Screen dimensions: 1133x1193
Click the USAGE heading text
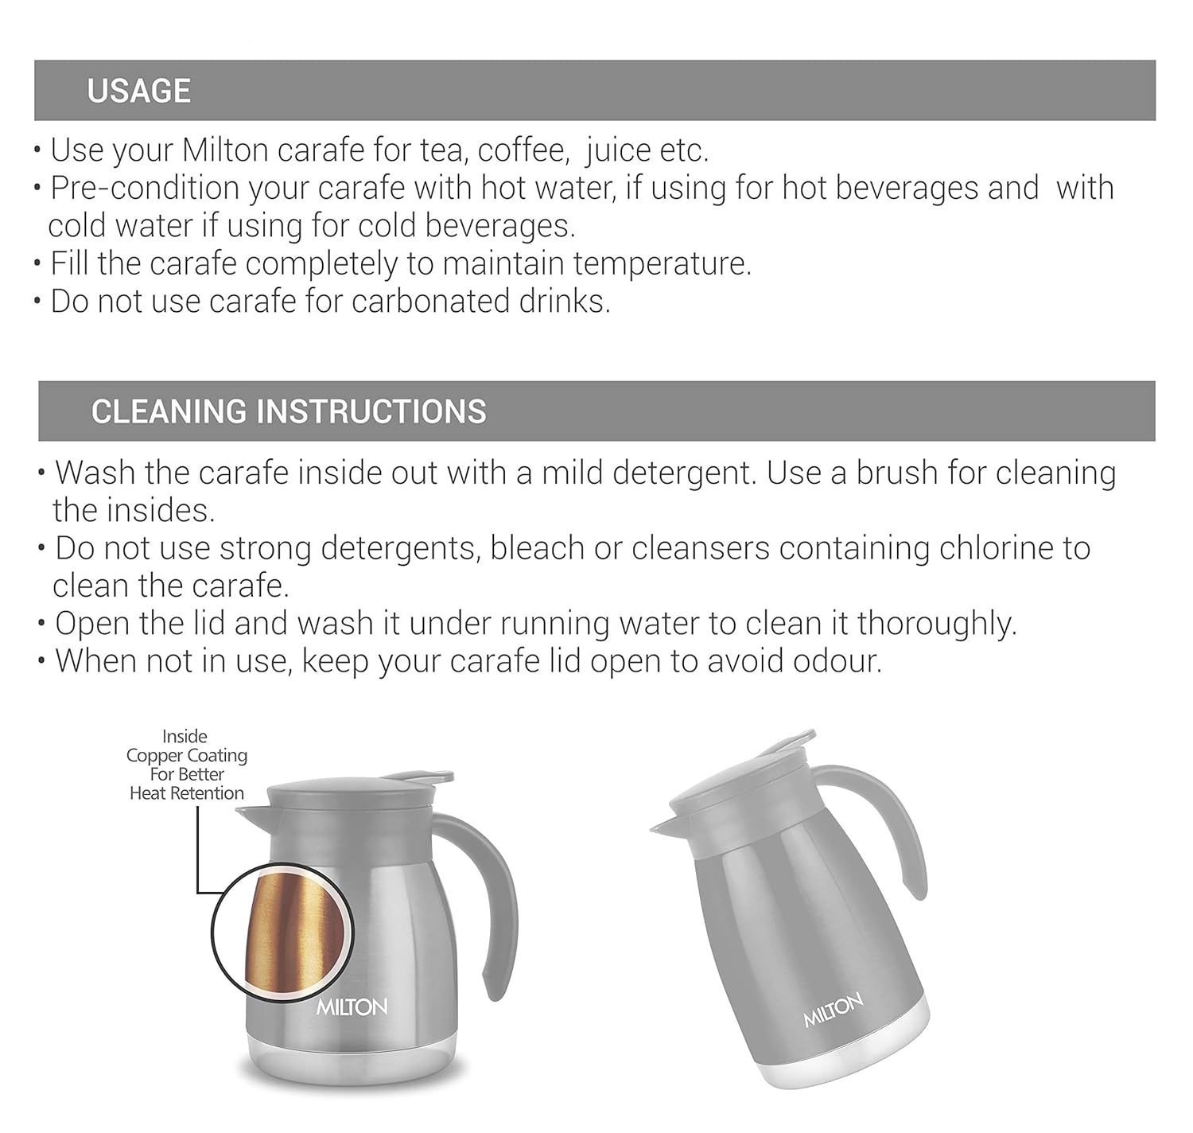coord(138,91)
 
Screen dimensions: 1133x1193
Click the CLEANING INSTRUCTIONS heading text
coord(288,411)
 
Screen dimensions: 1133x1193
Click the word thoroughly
coord(936,624)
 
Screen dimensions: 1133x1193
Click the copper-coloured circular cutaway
coord(282,931)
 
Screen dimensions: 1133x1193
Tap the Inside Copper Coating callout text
coord(187,765)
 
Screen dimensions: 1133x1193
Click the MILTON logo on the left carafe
coord(352,1007)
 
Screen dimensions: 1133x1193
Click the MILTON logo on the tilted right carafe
coord(833,1010)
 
